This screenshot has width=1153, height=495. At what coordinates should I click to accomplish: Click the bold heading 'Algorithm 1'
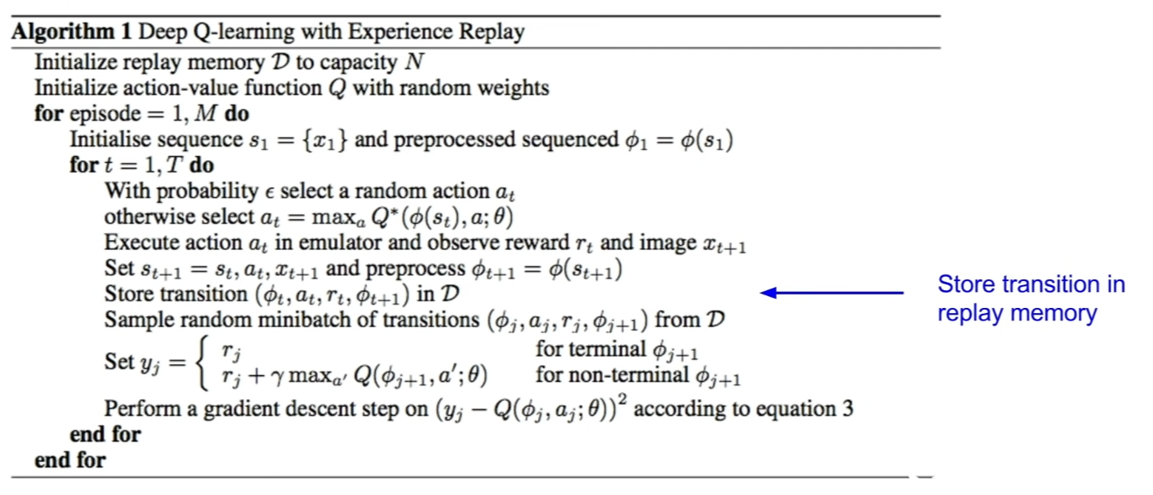click(x=71, y=32)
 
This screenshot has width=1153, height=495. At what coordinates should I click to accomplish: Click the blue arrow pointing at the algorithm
click(x=832, y=293)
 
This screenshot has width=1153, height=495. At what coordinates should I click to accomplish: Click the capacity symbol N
click(x=415, y=62)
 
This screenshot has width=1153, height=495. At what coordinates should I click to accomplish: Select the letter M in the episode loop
click(x=206, y=114)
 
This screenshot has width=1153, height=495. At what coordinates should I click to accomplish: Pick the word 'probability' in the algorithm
click(x=207, y=192)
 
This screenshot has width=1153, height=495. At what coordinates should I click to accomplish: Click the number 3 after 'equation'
click(x=848, y=409)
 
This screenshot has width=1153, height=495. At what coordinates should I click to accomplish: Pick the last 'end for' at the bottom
click(x=70, y=460)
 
